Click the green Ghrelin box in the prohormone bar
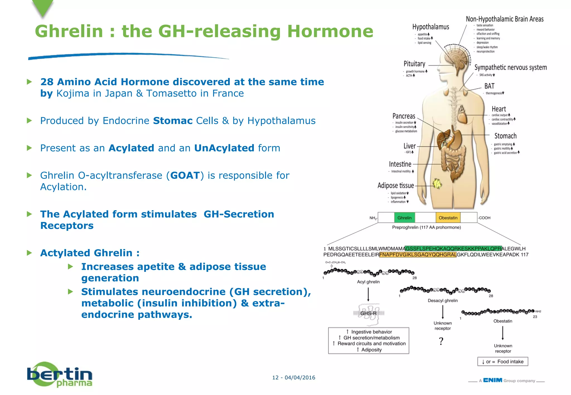pos(404,218)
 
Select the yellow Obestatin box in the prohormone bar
pos(448,218)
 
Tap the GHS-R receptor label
pos(368,313)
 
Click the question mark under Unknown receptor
pos(441,341)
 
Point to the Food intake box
pos(503,362)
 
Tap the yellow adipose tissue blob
pos(437,184)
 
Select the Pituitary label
pos(414,64)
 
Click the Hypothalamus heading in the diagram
pos(431,27)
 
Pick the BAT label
pos(489,86)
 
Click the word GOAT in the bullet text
pos(185,175)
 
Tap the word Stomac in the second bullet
pos(173,121)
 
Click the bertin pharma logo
pos(60,375)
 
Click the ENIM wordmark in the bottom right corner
pos(493,380)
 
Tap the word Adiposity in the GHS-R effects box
pos(371,350)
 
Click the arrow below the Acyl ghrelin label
pos(368,294)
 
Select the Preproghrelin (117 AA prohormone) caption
pos(426,227)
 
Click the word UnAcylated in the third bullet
pos(224,148)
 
